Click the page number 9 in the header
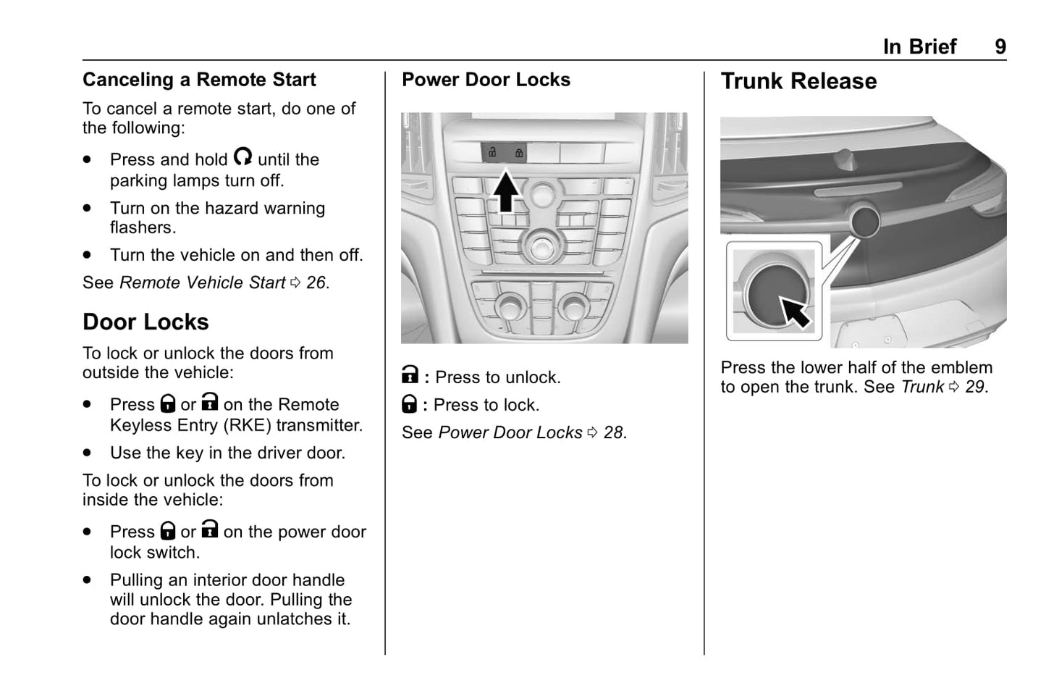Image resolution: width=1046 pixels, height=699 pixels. point(1000,47)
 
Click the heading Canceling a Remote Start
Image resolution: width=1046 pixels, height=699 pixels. point(199,80)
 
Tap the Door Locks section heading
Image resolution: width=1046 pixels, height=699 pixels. point(145,322)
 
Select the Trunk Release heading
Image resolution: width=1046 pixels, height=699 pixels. point(798,81)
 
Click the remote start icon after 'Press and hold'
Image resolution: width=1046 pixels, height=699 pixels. point(242,156)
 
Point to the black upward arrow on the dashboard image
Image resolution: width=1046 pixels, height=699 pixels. point(506,190)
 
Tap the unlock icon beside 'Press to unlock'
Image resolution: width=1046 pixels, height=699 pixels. point(410,375)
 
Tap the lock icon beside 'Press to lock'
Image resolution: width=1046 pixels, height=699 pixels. point(409,403)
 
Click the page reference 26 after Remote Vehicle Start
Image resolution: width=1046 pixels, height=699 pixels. point(316,282)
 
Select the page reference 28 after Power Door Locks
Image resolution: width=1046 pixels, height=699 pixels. point(613,432)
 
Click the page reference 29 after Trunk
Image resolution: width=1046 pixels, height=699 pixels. point(974,387)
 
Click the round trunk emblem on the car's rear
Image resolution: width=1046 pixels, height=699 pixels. point(864,220)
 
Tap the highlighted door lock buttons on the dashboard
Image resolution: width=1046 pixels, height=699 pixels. point(504,153)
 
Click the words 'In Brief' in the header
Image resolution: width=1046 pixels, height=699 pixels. point(919,47)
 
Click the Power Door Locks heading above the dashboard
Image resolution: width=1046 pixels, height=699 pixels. point(486,80)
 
